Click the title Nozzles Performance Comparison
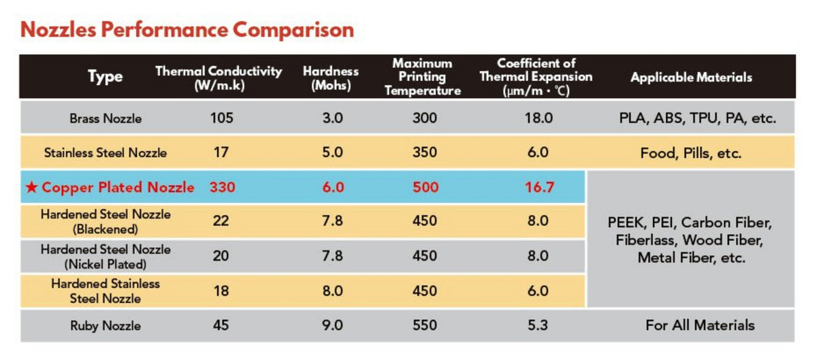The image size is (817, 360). [x=187, y=30]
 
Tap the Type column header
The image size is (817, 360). [x=106, y=77]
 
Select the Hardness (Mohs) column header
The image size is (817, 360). [x=331, y=78]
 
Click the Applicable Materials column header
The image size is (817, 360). [x=691, y=78]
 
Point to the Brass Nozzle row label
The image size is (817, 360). [x=106, y=118]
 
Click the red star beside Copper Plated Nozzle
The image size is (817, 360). [x=32, y=187]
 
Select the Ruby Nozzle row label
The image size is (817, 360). [x=106, y=326]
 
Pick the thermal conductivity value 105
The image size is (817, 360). [x=221, y=118]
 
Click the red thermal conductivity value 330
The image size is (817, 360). [x=222, y=187]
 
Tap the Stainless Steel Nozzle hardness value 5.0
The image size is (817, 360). [x=332, y=152]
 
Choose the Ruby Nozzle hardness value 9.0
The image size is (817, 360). [x=332, y=325]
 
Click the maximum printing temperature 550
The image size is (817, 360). [x=425, y=325]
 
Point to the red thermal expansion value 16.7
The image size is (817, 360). [x=539, y=187]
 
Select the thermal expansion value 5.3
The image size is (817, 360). [x=538, y=325]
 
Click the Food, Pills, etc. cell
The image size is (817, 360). [x=691, y=153]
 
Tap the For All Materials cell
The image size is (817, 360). [x=700, y=325]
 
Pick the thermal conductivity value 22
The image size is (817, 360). [x=221, y=221]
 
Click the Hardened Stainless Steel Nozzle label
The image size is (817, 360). [x=106, y=291]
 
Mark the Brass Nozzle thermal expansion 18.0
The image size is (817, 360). [x=539, y=118]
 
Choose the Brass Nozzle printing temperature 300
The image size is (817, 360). [x=425, y=118]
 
